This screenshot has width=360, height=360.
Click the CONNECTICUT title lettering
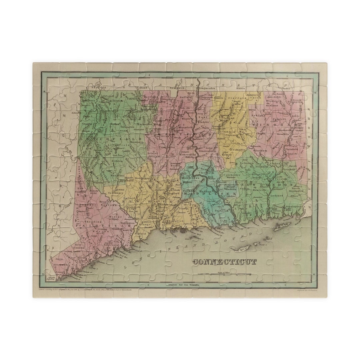click(225, 262)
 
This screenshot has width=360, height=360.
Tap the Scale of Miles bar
click(224, 275)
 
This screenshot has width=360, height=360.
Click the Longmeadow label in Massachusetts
click(207, 88)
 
